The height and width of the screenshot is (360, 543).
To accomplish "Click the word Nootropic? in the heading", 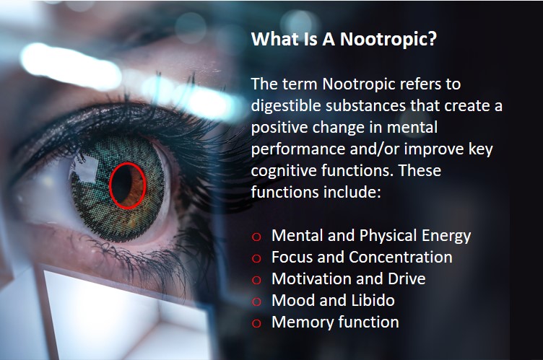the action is [x=388, y=39].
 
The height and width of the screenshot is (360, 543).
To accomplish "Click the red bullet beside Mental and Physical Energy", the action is [x=256, y=237].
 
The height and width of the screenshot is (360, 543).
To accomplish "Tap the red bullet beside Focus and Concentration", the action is [x=256, y=258].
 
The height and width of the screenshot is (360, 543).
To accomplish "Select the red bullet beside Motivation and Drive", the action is [x=256, y=280].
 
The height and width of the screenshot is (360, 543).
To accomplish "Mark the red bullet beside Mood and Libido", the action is [x=256, y=302].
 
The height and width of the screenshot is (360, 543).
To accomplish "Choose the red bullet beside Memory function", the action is [x=256, y=323].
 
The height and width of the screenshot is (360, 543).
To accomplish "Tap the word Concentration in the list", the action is [x=401, y=257].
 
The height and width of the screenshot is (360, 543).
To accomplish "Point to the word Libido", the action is [x=373, y=300].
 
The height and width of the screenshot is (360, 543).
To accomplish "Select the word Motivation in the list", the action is [x=309, y=278].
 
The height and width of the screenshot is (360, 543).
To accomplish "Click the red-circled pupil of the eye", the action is [x=127, y=185].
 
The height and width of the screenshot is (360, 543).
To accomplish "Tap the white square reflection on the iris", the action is [x=86, y=170].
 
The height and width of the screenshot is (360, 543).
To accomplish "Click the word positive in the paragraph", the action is [x=279, y=128].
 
